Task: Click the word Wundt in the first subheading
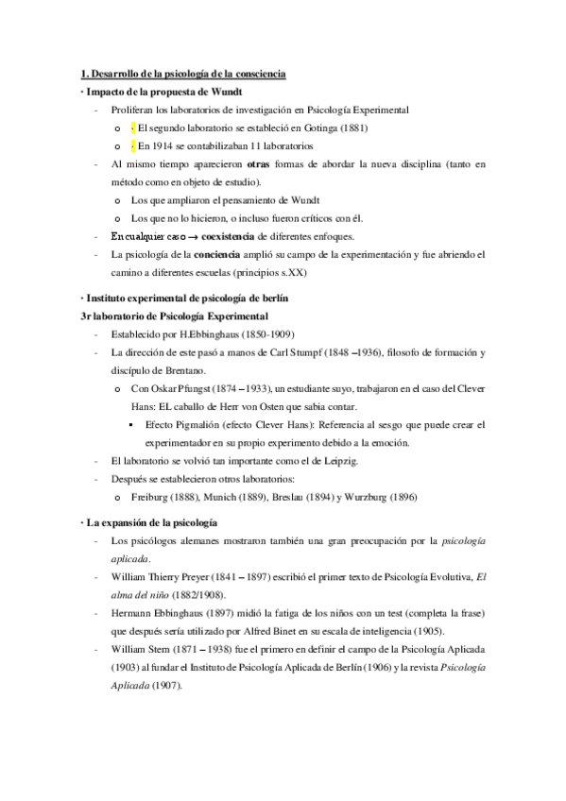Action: pyautogui.click(x=227, y=92)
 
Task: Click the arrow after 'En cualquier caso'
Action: pyautogui.click(x=191, y=235)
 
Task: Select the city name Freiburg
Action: pyautogui.click(x=154, y=496)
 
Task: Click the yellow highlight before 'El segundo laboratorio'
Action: pyautogui.click(x=133, y=128)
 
